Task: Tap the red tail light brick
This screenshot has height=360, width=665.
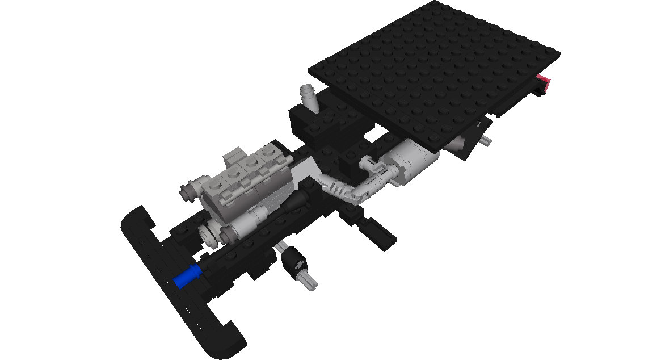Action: tap(545, 83)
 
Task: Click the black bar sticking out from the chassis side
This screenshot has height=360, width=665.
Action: tap(380, 233)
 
